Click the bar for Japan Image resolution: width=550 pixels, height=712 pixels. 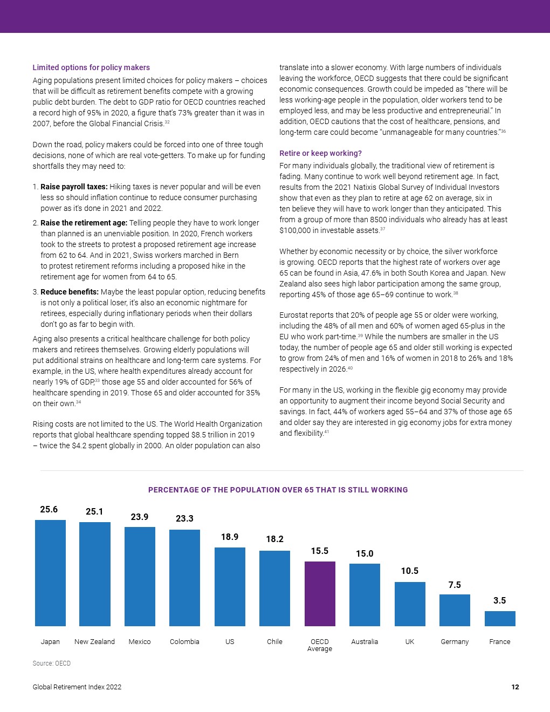pyautogui.click(x=50, y=573)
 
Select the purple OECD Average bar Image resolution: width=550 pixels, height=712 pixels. pyautogui.click(x=320, y=593)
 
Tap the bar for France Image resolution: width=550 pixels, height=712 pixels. pyautogui.click(x=500, y=619)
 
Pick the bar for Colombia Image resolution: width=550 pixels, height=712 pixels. pyautogui.click(x=184, y=578)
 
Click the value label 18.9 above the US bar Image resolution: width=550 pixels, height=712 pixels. pyautogui.click(x=230, y=537)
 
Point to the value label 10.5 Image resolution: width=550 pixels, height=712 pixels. pyautogui.click(x=410, y=571)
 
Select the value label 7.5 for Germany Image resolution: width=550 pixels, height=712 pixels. pyautogui.click(x=455, y=585)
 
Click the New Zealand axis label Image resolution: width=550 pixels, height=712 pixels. pyautogui.click(x=94, y=641)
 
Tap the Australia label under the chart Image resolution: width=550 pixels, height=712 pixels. pyautogui.click(x=365, y=641)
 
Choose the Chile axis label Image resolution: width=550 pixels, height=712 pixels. pyautogui.click(x=274, y=641)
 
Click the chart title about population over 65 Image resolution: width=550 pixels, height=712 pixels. pyautogui.click(x=278, y=490)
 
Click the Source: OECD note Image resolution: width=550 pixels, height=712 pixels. pyautogui.click(x=51, y=663)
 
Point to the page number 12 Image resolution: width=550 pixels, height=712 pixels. pyautogui.click(x=515, y=687)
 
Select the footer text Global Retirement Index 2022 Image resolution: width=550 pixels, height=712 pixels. pyautogui.click(x=77, y=687)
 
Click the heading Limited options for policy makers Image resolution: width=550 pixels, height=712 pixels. pyautogui.click(x=91, y=67)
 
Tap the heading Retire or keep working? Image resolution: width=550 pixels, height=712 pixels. pyautogui.click(x=320, y=153)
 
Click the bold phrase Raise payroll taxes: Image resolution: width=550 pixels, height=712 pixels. pyautogui.click(x=74, y=187)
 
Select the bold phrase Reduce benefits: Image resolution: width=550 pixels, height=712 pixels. pyautogui.click(x=70, y=292)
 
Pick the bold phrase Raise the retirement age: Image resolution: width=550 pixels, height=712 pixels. pyautogui.click(x=84, y=223)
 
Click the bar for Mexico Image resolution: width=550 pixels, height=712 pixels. pyautogui.click(x=140, y=577)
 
